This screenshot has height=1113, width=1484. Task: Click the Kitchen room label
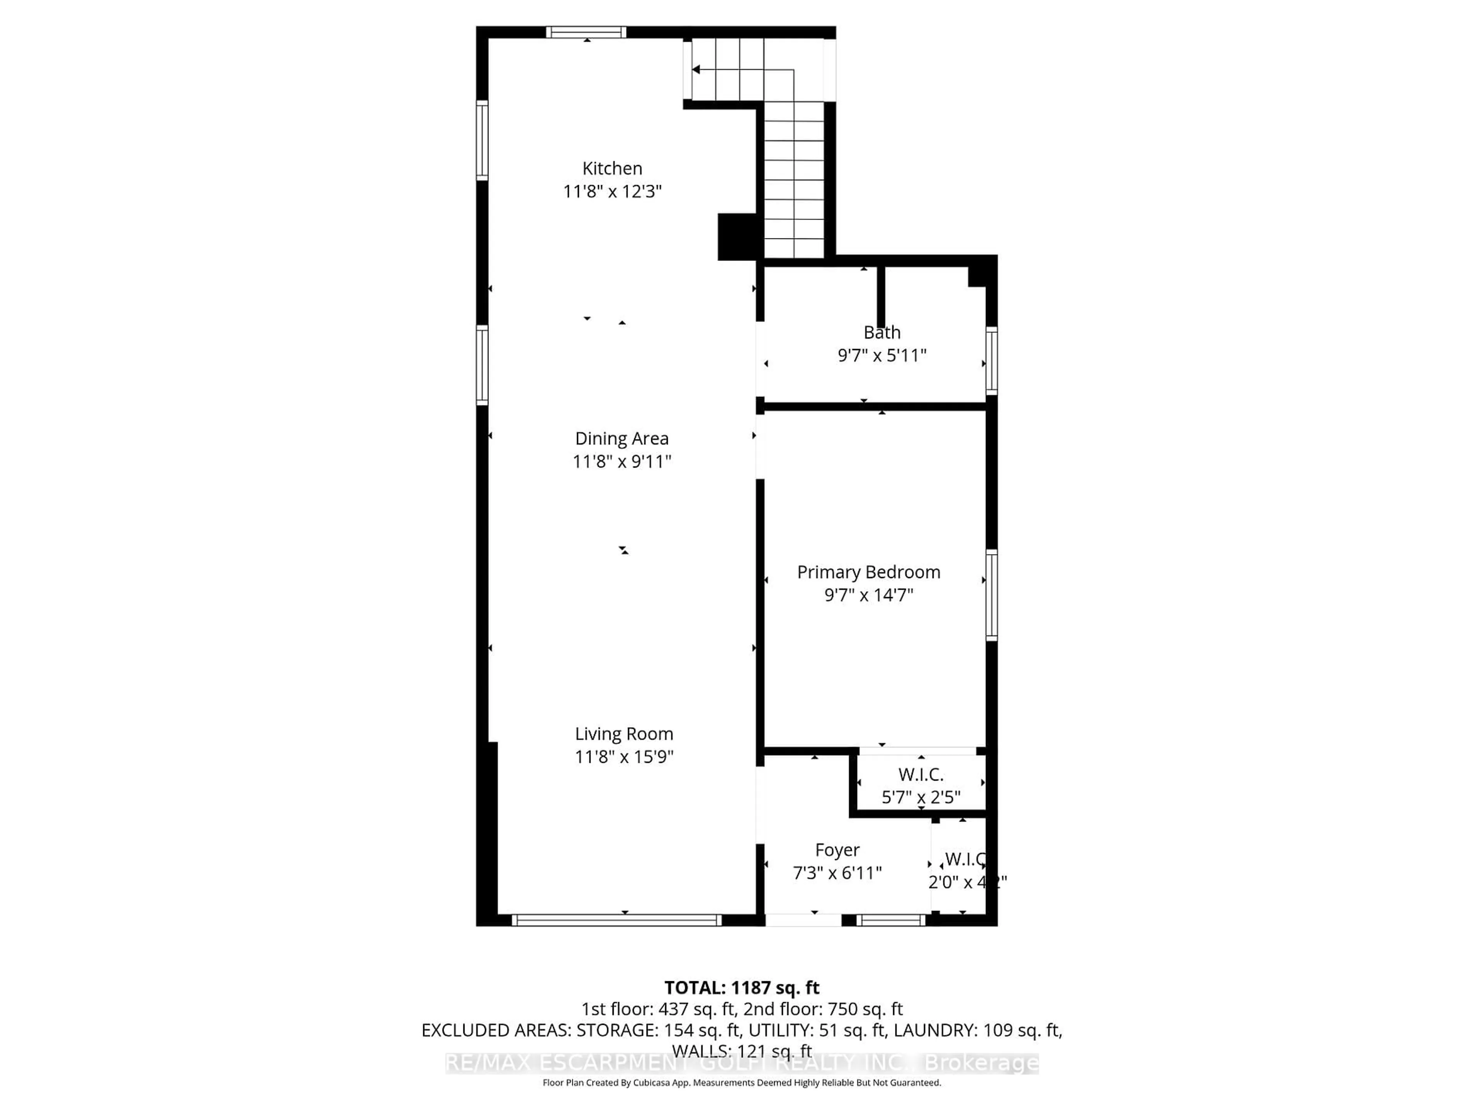click(612, 168)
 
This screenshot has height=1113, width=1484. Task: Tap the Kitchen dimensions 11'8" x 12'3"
click(612, 192)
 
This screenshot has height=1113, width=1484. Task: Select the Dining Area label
click(621, 439)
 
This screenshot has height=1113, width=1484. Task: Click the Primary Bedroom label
click(868, 572)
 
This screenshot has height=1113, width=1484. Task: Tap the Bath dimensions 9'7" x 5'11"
click(882, 356)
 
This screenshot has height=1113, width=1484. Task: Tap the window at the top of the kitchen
click(586, 32)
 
